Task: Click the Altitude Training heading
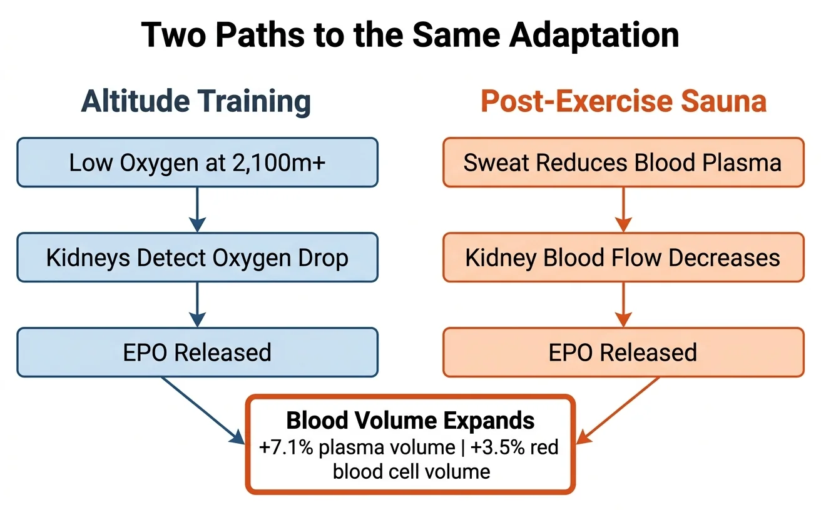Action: (x=196, y=101)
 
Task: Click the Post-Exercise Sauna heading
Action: (x=623, y=101)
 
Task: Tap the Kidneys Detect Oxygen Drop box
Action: (x=197, y=257)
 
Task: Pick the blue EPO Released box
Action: (x=197, y=352)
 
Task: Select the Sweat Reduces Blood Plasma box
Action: (x=623, y=162)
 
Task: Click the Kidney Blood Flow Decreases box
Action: (x=623, y=257)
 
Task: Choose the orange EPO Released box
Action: (x=623, y=352)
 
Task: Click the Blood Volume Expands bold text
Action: (x=410, y=421)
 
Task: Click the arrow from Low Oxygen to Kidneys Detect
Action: (x=197, y=210)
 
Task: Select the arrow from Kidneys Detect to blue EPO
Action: (x=197, y=305)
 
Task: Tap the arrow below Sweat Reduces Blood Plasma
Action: (x=623, y=210)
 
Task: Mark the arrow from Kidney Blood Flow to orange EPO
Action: (x=623, y=305)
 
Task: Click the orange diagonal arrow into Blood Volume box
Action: (x=616, y=411)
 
